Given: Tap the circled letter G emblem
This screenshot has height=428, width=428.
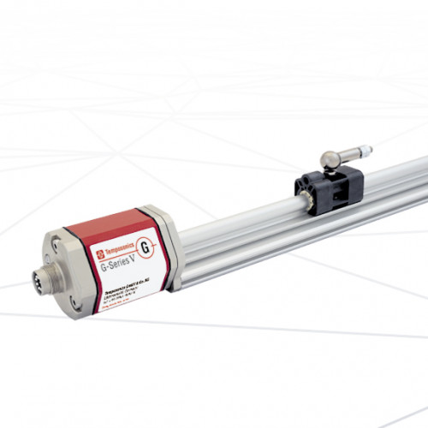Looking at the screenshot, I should tap(146, 249).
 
